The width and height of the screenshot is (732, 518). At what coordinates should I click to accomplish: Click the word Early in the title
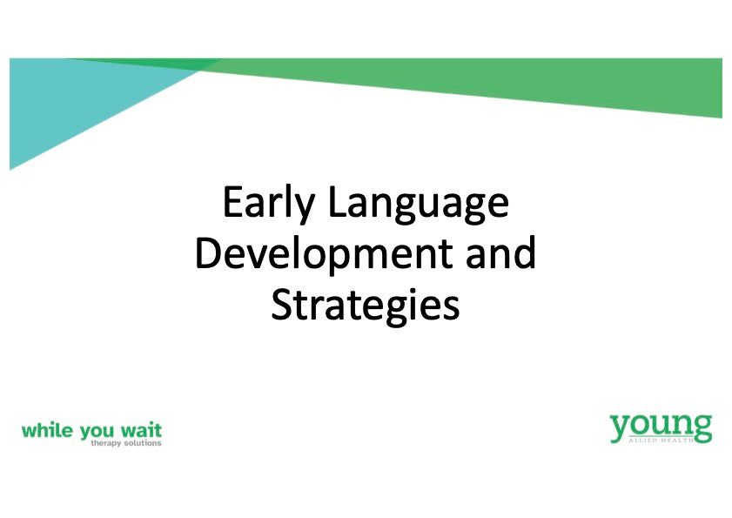[268, 204]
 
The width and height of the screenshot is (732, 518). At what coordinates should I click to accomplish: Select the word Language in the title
[419, 204]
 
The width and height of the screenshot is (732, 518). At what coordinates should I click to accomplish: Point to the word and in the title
[501, 252]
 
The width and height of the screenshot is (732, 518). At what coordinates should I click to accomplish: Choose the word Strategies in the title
[366, 306]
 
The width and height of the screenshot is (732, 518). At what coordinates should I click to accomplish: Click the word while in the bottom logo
[47, 430]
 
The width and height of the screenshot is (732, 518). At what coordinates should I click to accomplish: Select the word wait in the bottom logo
[141, 430]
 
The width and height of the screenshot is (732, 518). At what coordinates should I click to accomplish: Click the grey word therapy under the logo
[106, 443]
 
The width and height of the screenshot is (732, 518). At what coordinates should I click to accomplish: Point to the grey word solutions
[143, 442]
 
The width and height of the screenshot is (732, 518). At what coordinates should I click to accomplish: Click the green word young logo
[661, 428]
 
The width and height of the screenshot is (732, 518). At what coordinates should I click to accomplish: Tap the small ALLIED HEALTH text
[661, 440]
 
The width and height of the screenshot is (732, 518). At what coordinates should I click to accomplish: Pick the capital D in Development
[210, 252]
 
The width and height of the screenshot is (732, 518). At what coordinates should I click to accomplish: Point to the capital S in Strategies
[281, 304]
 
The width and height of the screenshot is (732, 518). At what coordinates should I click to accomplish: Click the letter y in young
[620, 430]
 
